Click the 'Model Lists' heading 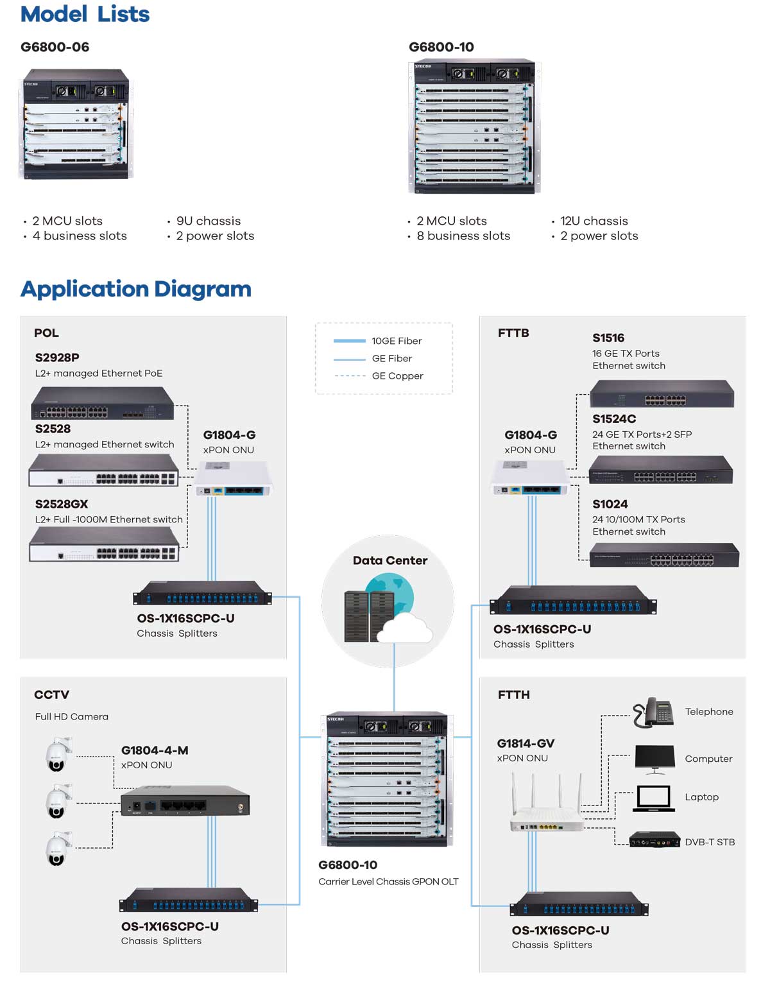coord(85,14)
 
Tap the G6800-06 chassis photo coord(76,123)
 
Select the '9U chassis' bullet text coord(209,221)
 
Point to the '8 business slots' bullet coord(463,236)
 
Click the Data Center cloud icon coord(404,628)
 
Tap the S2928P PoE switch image coord(103,404)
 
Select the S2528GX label coord(62,504)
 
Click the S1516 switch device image coord(662,393)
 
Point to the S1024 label coord(610,504)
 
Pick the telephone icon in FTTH coord(653,712)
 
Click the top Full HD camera coord(58,755)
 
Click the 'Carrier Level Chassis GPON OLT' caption coord(388,882)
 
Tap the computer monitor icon coord(654,759)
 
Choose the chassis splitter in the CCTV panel coord(189,900)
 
